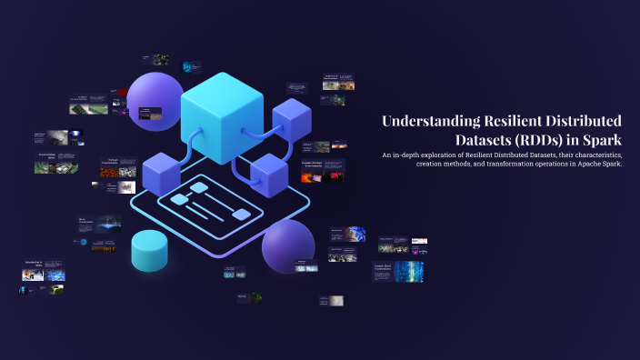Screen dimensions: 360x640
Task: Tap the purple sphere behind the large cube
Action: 155,98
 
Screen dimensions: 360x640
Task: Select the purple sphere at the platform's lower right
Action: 288,245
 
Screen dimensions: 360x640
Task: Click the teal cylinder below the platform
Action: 150,251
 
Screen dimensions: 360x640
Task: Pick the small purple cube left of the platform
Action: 159,173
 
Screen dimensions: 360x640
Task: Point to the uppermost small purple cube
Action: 291,118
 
